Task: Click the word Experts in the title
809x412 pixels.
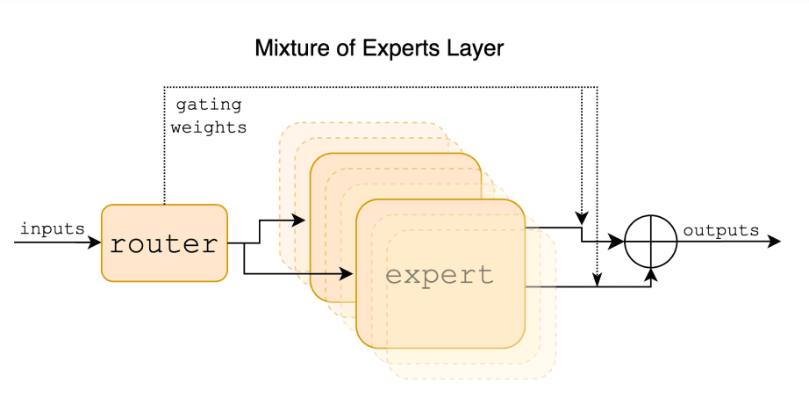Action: (391, 48)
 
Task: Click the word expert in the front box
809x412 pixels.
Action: (440, 275)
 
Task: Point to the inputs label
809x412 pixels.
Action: (52, 229)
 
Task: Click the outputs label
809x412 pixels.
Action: (720, 231)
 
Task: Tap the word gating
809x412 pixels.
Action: (209, 105)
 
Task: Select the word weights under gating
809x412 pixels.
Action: (209, 127)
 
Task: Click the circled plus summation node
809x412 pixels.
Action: (650, 242)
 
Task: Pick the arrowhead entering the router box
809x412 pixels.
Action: (96, 242)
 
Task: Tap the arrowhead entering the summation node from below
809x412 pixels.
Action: (650, 273)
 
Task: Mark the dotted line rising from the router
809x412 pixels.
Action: (164, 149)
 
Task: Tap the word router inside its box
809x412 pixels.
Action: (163, 243)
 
